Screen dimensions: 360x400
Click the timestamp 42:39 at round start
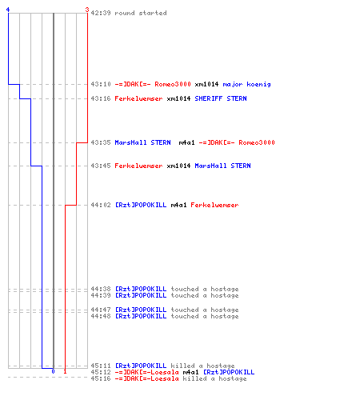101,13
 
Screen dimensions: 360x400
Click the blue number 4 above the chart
8,10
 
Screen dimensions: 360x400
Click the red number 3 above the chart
87,10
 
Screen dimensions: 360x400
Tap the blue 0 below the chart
53,371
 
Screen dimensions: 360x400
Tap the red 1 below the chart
65,371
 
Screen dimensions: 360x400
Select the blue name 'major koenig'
246,84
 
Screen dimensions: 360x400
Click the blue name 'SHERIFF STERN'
221,98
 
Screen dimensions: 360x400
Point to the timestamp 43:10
101,84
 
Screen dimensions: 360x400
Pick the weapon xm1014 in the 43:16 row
178,98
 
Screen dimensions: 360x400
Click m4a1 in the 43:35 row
186,142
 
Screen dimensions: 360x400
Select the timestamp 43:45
101,166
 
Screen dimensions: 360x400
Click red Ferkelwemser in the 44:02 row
214,205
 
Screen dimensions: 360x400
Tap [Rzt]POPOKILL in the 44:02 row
141,205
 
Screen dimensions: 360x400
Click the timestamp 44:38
101,289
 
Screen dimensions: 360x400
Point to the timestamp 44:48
101,316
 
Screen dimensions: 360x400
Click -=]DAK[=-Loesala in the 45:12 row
146,372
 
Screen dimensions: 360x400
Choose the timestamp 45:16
101,378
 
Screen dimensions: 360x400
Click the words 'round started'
141,13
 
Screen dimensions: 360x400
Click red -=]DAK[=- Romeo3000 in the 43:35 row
237,142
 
